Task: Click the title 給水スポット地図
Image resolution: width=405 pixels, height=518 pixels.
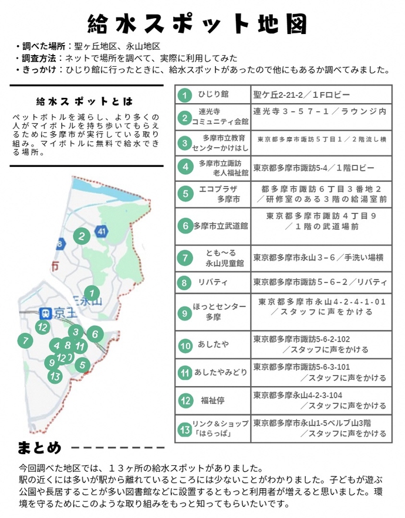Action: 198,24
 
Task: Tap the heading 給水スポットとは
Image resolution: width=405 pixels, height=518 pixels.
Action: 85,101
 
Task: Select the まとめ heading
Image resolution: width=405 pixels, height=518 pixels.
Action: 40,449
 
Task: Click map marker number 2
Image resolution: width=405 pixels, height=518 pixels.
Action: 82,236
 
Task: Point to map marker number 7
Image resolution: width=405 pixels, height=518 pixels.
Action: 24,340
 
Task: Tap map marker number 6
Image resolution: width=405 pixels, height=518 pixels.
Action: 94,335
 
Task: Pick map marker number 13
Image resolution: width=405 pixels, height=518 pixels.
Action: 55,376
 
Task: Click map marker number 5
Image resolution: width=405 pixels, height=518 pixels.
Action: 82,365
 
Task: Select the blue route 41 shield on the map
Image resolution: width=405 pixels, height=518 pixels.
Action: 103,231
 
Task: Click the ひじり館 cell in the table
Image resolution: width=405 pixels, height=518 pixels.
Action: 213,94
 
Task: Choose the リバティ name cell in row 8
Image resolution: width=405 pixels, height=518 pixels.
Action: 212,282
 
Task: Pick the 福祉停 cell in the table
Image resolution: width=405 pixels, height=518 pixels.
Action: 212,401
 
